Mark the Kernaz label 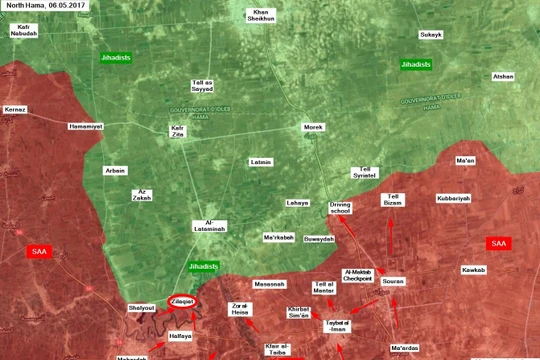15,108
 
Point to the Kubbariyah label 453,198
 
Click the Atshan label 503,76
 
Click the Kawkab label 473,270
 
